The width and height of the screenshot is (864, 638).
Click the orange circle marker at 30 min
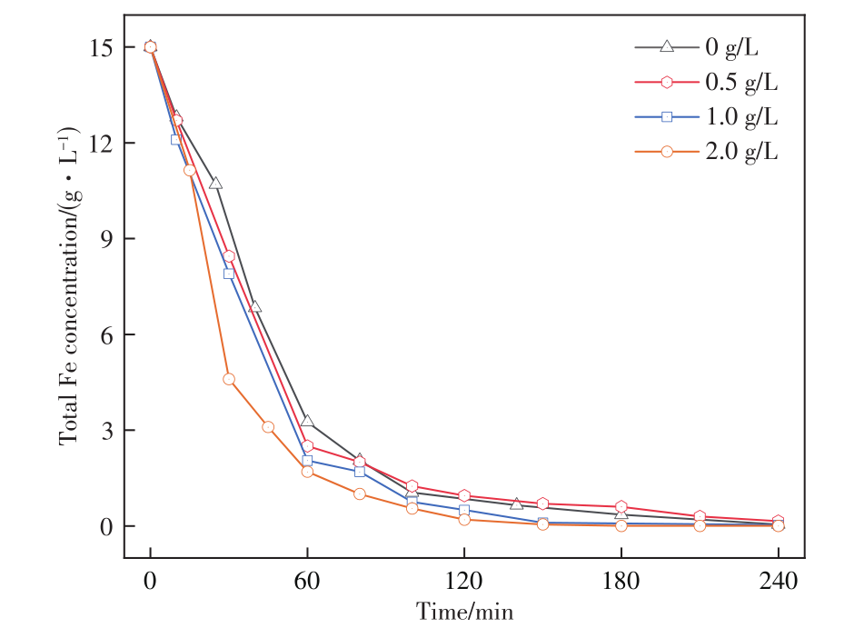click(229, 379)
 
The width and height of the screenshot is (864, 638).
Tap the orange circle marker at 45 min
click(268, 427)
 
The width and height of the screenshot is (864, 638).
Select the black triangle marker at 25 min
click(215, 184)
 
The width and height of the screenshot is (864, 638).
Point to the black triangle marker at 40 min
click(255, 307)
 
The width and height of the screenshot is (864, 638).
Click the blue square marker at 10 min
click(176, 139)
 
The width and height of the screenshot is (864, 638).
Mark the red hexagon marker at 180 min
click(621, 507)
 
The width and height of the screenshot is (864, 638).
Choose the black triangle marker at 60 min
click(307, 422)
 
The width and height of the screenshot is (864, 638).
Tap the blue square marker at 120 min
click(464, 510)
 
